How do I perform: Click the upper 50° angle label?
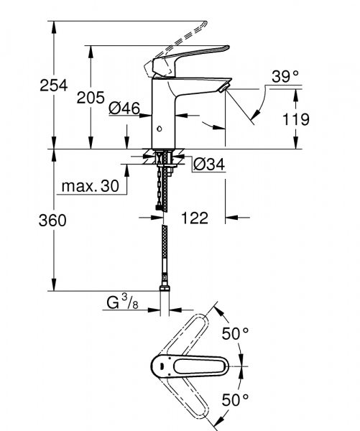click(x=234, y=334)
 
